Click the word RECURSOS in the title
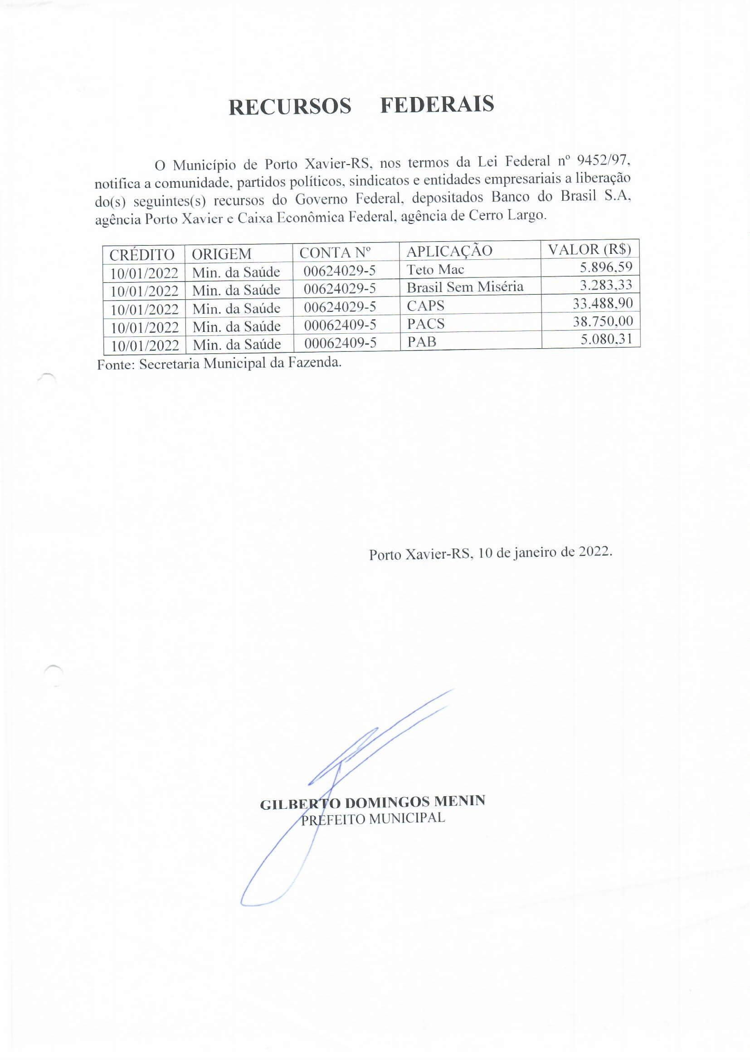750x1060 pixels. (290, 107)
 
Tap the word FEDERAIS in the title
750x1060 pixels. (437, 104)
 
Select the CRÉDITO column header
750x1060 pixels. (142, 254)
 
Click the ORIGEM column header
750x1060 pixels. (221, 253)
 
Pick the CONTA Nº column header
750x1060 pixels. (335, 253)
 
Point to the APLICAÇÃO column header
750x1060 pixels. (449, 251)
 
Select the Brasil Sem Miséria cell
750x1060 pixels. (465, 287)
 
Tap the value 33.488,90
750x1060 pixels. (602, 303)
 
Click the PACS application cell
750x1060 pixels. (425, 324)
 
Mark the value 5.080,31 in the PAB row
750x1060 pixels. (606, 339)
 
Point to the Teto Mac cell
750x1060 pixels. (435, 269)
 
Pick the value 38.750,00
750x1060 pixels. (602, 321)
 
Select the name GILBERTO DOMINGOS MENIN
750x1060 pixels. (372, 802)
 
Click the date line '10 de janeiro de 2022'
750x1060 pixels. (545, 552)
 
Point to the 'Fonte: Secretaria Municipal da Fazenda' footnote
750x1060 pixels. (219, 363)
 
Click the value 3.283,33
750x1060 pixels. (605, 285)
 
